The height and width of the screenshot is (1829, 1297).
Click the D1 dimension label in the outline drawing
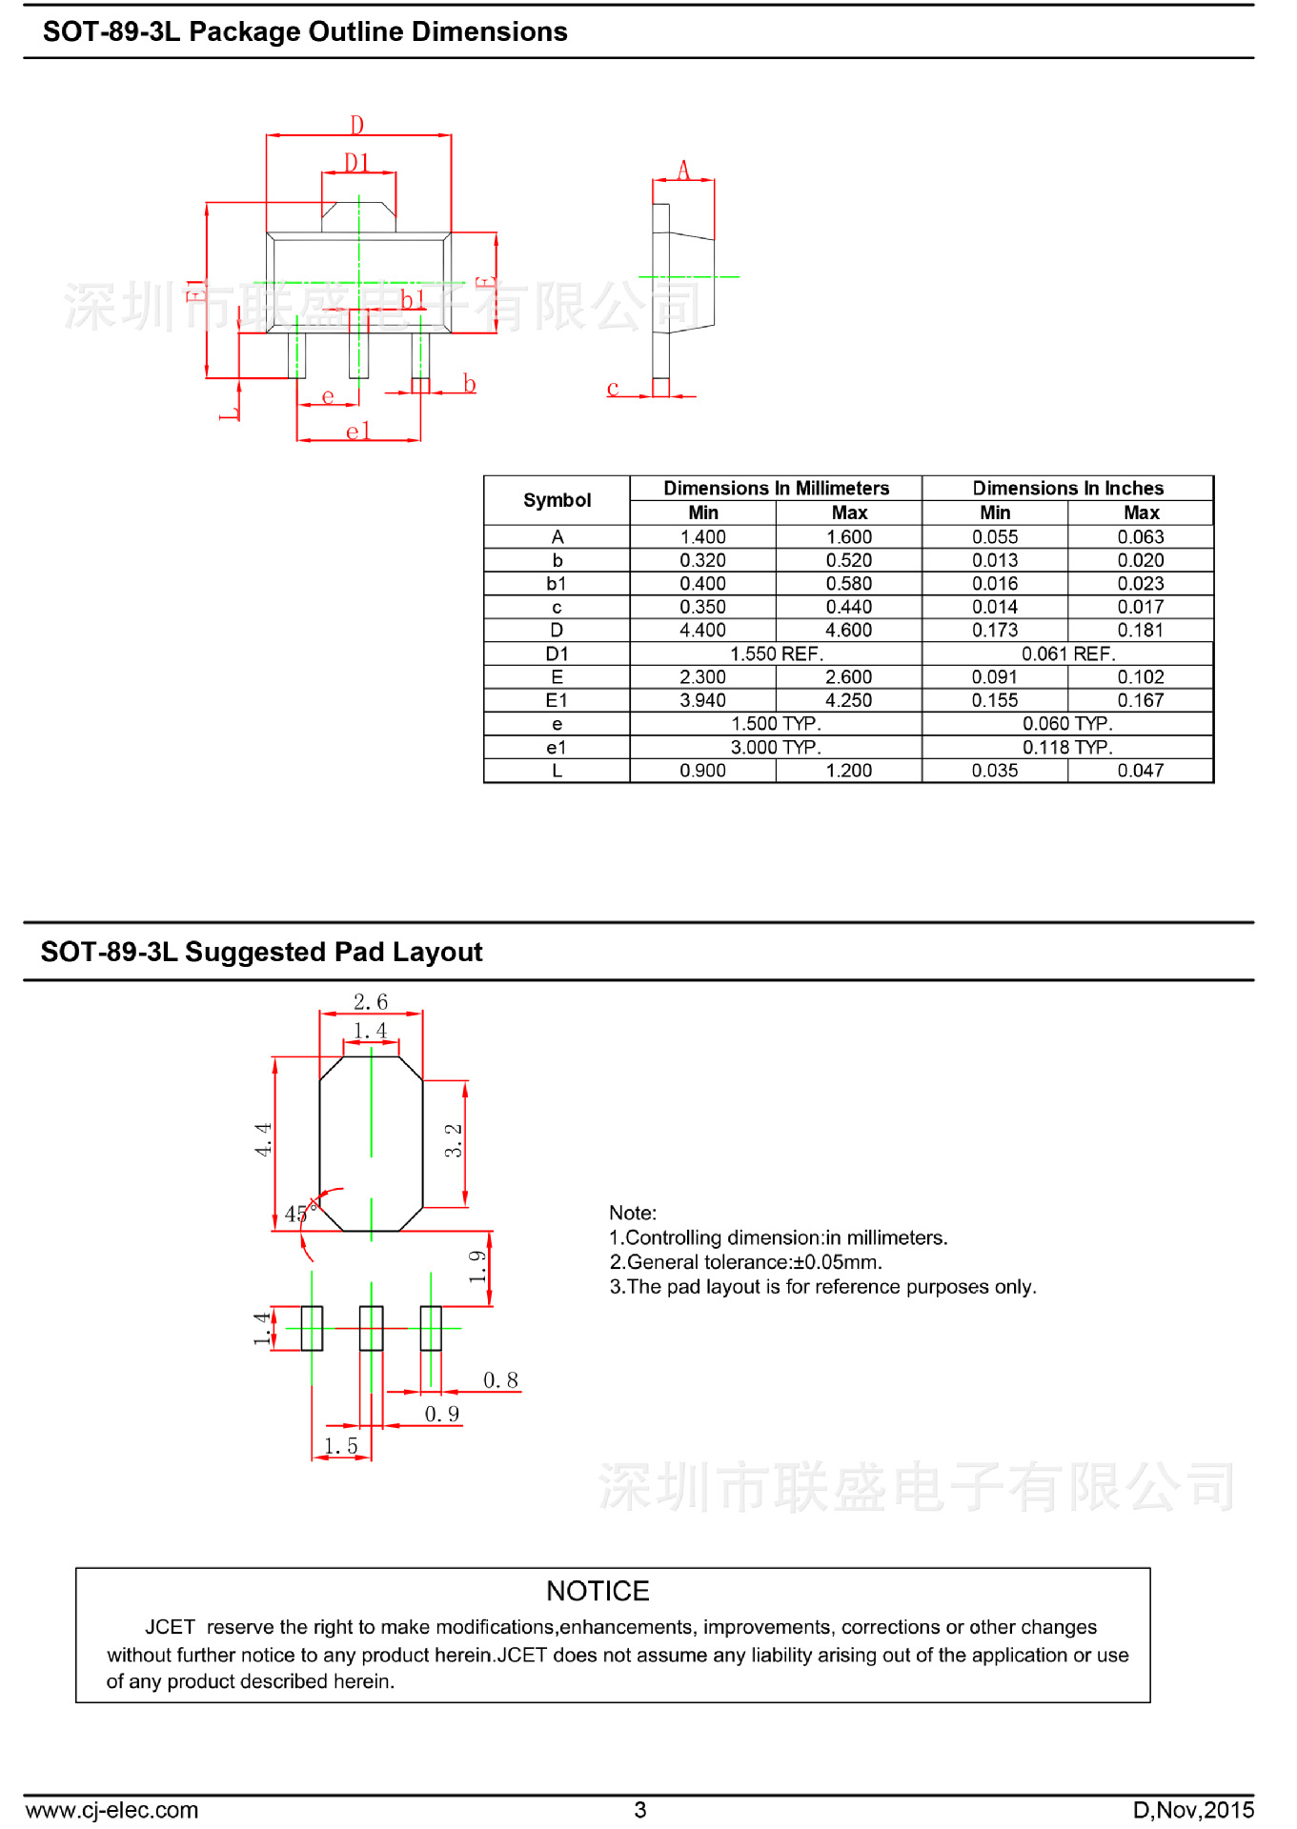point(356,163)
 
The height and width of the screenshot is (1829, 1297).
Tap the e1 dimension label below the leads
point(357,432)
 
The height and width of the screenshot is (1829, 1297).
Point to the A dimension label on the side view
point(683,171)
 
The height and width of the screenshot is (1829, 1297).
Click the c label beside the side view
point(613,388)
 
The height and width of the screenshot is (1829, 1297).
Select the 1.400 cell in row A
point(702,537)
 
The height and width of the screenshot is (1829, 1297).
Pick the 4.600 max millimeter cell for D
point(848,631)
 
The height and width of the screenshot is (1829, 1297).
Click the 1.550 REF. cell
point(776,654)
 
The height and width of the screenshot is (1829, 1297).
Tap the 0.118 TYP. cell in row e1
point(1067,748)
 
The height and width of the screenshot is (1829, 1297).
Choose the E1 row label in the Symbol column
point(557,701)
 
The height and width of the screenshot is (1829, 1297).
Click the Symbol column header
point(557,500)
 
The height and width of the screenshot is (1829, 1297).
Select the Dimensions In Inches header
point(1067,488)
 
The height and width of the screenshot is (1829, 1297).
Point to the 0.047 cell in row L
point(1140,771)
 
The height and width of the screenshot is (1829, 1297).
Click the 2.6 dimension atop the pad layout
point(371,1002)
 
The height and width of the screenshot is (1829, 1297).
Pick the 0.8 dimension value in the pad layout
point(500,1380)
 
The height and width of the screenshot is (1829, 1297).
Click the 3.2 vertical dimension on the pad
point(454,1140)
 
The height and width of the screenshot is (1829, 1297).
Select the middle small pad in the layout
point(371,1328)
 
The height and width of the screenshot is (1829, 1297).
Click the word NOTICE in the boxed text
point(598,1591)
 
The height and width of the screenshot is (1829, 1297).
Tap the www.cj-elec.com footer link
point(111,1810)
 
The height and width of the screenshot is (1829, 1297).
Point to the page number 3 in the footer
point(640,1810)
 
